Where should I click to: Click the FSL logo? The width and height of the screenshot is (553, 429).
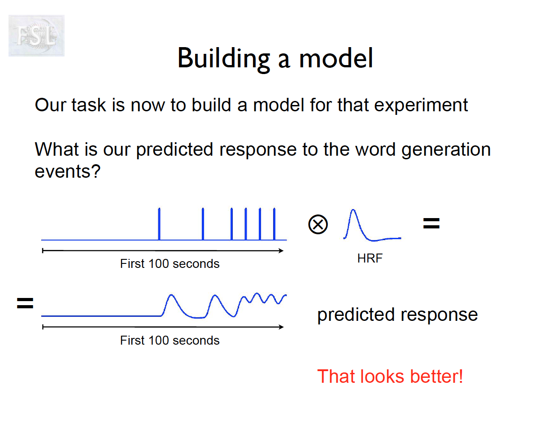click(36, 35)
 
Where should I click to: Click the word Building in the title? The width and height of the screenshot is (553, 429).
click(224, 59)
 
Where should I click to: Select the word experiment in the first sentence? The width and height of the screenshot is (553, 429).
click(421, 105)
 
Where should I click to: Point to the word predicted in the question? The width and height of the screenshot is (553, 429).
click(174, 150)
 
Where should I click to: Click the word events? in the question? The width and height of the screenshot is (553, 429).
click(67, 171)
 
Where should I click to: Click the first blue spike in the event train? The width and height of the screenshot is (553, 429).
click(159, 224)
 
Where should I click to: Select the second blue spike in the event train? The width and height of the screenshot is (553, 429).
click(203, 224)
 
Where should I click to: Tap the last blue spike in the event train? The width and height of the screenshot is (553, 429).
click(274, 224)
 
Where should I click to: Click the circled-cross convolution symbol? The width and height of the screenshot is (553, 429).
click(318, 224)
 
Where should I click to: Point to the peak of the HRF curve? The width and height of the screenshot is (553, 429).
click(353, 210)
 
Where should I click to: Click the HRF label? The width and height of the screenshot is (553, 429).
click(370, 258)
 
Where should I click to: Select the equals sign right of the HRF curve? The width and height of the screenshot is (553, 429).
click(431, 223)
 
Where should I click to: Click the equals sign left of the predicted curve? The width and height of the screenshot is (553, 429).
click(25, 303)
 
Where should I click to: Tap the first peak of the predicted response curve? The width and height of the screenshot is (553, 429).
click(171, 295)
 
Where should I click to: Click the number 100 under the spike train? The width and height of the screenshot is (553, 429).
click(158, 263)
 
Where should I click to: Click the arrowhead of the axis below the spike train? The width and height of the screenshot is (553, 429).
click(281, 251)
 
